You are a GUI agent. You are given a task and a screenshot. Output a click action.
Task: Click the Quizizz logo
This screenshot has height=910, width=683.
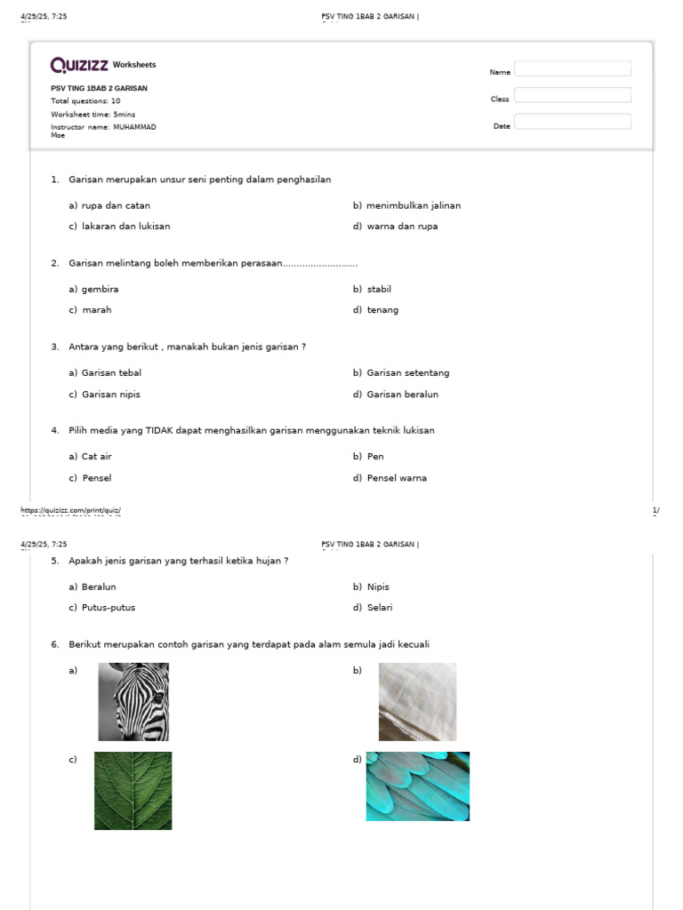[80, 65]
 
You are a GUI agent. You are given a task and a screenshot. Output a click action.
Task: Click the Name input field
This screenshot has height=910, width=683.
[573, 69]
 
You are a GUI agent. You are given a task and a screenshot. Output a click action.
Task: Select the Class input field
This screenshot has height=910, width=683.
[573, 96]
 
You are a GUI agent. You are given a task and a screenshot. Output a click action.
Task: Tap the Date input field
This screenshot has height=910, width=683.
[573, 123]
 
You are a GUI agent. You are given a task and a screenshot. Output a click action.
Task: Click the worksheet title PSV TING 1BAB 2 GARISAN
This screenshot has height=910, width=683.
[100, 88]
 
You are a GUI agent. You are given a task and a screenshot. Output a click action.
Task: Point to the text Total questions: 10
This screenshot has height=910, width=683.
[85, 101]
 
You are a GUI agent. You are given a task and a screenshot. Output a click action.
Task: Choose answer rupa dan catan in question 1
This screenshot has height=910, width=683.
[116, 205]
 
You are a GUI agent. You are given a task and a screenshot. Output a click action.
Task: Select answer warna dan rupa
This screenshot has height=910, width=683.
[402, 227]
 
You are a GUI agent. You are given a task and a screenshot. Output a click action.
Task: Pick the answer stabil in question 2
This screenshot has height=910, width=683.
[379, 290]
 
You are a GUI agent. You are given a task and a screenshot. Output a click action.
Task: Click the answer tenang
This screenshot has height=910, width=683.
[382, 310]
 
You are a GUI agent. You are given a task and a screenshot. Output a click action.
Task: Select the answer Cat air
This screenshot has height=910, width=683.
[97, 457]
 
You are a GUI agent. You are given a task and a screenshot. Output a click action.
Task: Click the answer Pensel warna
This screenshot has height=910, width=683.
[397, 478]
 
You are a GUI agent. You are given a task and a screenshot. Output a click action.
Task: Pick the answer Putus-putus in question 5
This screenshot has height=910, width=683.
[108, 608]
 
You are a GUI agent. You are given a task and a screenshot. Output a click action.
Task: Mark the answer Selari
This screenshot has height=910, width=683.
[380, 608]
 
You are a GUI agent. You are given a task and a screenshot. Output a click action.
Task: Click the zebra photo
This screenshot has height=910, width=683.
[133, 702]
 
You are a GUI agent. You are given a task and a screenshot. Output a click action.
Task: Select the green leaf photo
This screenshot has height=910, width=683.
[133, 791]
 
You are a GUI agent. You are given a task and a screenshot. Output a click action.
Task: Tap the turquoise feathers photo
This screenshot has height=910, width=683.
[418, 786]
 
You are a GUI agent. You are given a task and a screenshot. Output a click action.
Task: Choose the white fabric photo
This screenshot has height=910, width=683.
[417, 702]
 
